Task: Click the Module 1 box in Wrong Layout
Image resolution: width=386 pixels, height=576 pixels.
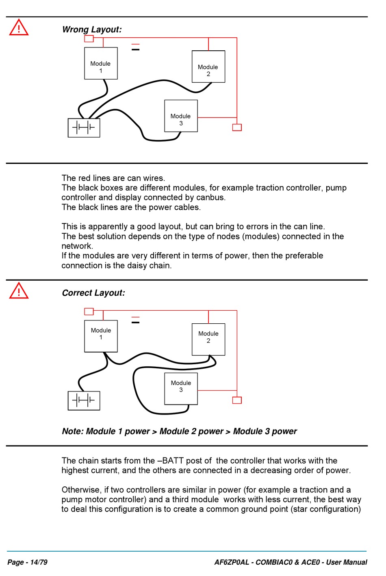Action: click(101, 63)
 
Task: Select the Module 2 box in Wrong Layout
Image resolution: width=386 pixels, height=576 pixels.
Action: click(208, 67)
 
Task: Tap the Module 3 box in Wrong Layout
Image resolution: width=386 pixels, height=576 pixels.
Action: click(181, 116)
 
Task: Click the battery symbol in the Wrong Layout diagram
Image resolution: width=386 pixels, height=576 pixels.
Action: click(84, 128)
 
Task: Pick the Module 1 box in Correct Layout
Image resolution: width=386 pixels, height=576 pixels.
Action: click(101, 336)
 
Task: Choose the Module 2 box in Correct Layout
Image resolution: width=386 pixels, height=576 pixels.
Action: click(208, 340)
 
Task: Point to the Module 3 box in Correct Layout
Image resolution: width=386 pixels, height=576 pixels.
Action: click(181, 389)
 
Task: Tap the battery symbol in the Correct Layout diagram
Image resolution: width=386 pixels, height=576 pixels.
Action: click(84, 401)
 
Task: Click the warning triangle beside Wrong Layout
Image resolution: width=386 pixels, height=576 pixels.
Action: click(19, 28)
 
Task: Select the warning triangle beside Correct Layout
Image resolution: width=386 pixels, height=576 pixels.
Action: click(19, 291)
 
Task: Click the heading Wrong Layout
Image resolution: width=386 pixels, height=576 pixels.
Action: click(92, 30)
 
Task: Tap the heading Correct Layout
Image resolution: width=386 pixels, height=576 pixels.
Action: click(93, 293)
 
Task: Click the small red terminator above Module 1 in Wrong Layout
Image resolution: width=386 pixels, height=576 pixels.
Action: click(89, 39)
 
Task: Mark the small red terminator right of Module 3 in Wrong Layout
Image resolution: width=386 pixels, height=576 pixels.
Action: click(237, 127)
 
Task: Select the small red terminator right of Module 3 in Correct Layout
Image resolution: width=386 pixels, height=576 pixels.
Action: click(237, 400)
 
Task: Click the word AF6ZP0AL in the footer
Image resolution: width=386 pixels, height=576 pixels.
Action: click(232, 562)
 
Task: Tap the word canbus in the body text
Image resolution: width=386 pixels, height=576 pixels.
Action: click(212, 198)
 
